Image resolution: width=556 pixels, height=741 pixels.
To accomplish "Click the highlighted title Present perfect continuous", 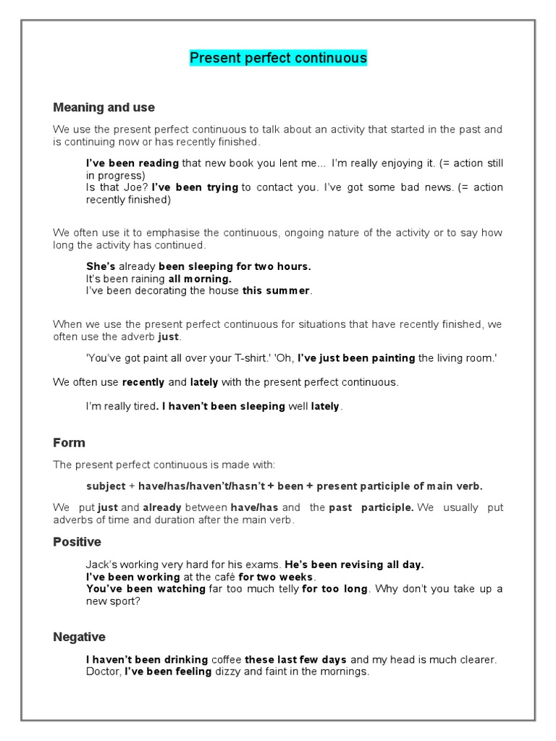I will click(278, 58).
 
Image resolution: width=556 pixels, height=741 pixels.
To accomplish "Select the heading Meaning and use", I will click(104, 107).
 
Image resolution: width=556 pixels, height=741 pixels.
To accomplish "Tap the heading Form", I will click(69, 442).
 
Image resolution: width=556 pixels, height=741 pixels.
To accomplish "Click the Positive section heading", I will click(77, 542).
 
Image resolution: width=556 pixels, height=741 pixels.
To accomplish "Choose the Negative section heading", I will click(79, 637).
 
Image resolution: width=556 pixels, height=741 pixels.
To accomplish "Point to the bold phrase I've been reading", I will click(132, 164).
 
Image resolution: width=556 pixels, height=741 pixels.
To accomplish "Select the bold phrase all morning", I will click(201, 279).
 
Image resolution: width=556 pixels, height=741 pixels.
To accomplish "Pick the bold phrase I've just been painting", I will click(356, 357).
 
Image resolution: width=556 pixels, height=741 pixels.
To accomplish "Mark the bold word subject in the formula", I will click(106, 486).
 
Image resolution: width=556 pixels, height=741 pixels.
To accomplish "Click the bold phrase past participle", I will click(371, 508).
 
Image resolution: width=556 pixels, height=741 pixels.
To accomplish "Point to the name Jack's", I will click(101, 564).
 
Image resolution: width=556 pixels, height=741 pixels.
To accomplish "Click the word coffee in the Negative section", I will click(226, 659).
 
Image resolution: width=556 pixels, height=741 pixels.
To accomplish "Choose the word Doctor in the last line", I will click(103, 672).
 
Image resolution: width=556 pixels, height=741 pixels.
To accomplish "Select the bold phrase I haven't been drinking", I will click(146, 659).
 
